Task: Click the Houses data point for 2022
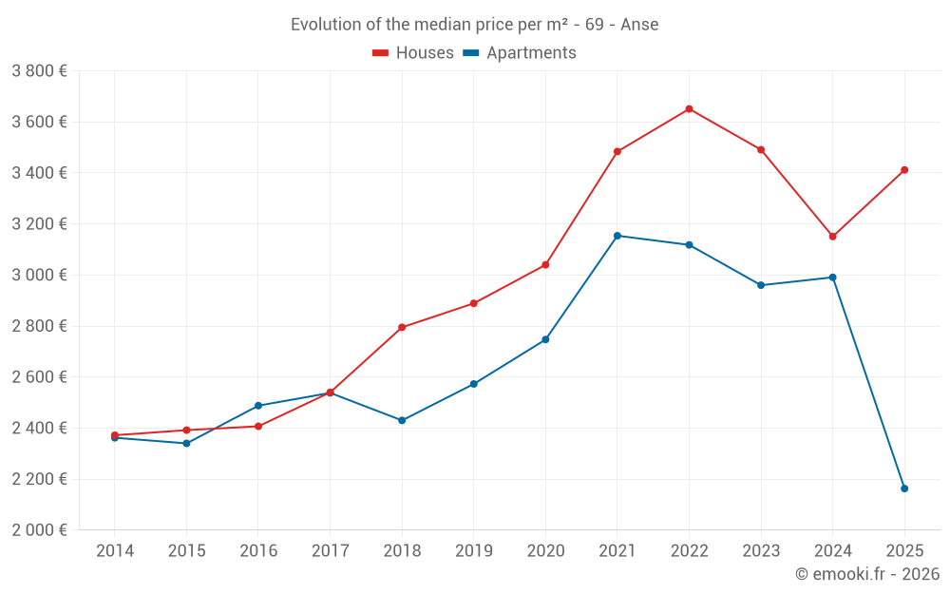coord(689,109)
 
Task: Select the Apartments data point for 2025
coord(904,489)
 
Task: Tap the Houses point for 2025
coord(904,170)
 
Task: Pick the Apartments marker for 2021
coord(617,236)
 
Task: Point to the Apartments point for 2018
coord(402,420)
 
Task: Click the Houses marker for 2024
coord(832,237)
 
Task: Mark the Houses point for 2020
coord(545,265)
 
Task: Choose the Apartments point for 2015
coord(186,444)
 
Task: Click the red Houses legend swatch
coord(381,53)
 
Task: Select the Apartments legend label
coord(531,53)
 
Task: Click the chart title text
coord(474,25)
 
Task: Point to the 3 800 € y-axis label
coord(39,71)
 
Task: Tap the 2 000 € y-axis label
coord(39,530)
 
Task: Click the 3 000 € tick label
coord(39,276)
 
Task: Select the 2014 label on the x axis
coord(115,551)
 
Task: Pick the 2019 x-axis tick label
coord(474,551)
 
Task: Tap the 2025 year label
coord(904,551)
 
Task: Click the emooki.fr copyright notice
coord(866,574)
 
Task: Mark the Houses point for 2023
coord(761,150)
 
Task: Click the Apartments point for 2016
coord(258,406)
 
